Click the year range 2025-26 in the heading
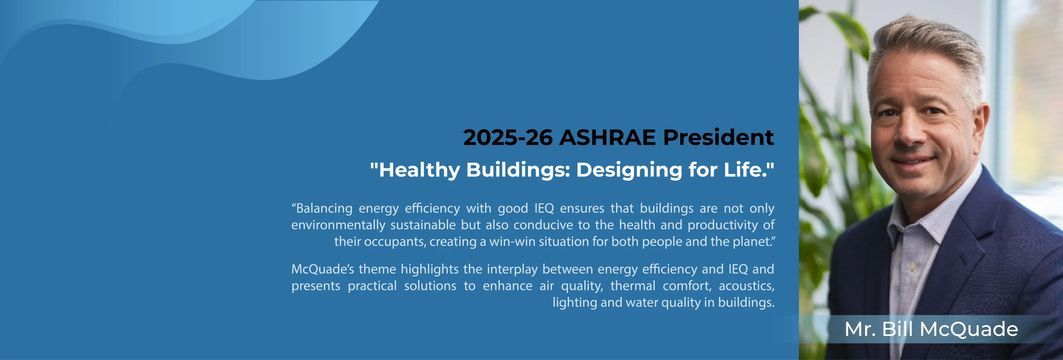click(x=508, y=137)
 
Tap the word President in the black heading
click(x=718, y=137)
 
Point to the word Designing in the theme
click(x=629, y=170)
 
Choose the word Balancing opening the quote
click(x=324, y=208)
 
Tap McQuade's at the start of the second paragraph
click(x=323, y=269)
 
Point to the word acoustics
click(x=746, y=286)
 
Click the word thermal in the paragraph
click(x=633, y=286)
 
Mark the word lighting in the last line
click(x=575, y=303)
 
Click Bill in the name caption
click(x=897, y=329)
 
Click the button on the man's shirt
click(x=912, y=267)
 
